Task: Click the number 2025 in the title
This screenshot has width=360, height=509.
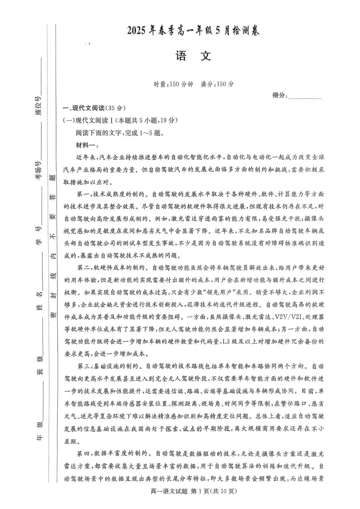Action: point(137,31)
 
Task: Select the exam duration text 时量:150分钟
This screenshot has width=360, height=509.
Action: point(173,84)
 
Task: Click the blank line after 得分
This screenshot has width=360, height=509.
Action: point(305,96)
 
